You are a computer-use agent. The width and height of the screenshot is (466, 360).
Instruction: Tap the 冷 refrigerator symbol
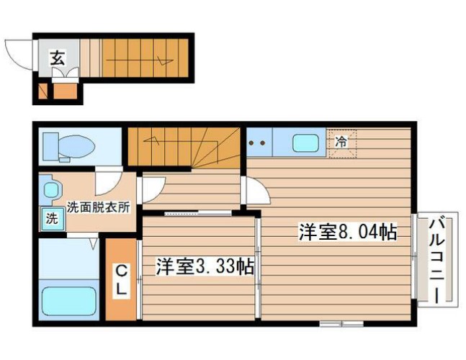tap(341, 142)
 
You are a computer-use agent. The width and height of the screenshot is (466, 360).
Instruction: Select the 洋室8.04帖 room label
tap(347, 233)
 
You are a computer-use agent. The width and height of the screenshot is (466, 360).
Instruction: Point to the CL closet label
tap(122, 279)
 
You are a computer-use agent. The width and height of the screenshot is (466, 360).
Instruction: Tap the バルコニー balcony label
tap(436, 260)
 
